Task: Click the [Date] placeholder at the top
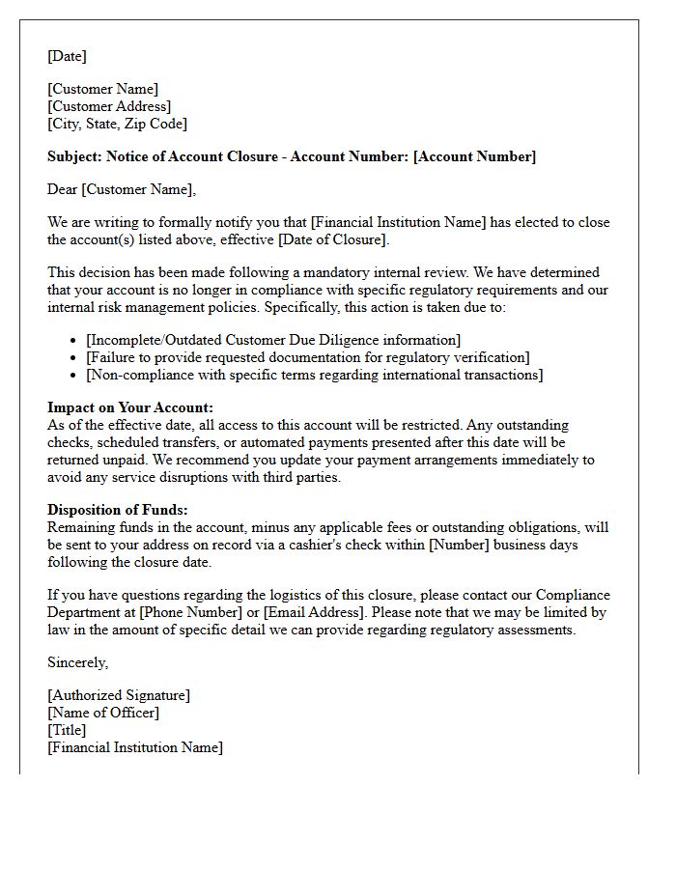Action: (x=67, y=56)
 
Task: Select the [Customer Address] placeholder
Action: (x=109, y=106)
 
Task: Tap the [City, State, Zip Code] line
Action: (x=117, y=124)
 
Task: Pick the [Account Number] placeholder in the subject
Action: (x=474, y=156)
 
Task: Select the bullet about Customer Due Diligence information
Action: (x=273, y=340)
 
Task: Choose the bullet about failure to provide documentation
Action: (x=307, y=357)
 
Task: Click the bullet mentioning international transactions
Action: (x=314, y=375)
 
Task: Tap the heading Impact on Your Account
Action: (x=130, y=407)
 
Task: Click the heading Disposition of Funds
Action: (x=118, y=510)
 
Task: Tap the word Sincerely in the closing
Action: (x=78, y=662)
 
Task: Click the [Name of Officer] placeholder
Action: (x=103, y=713)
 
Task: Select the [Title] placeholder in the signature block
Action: (x=67, y=730)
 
